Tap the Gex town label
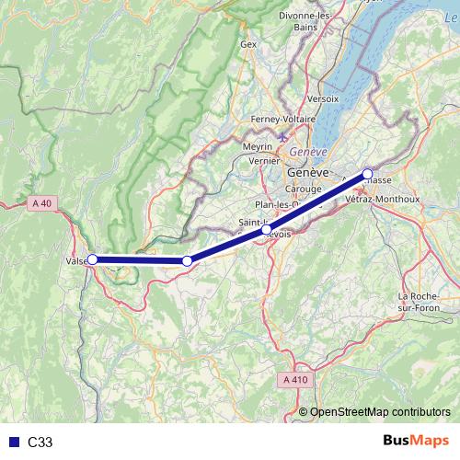pos(247,43)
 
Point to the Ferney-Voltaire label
pos(284,120)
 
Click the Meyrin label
pos(259,146)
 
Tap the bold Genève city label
pos(307,173)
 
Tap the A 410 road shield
pos(295,378)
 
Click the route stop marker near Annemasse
pos(367,174)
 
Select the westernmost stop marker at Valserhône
pos(92,259)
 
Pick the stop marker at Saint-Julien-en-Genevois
pos(267,231)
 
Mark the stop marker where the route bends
pos(187,261)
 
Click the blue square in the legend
pos(11,442)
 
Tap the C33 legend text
pos(40,442)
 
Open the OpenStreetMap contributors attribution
pos(380,412)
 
